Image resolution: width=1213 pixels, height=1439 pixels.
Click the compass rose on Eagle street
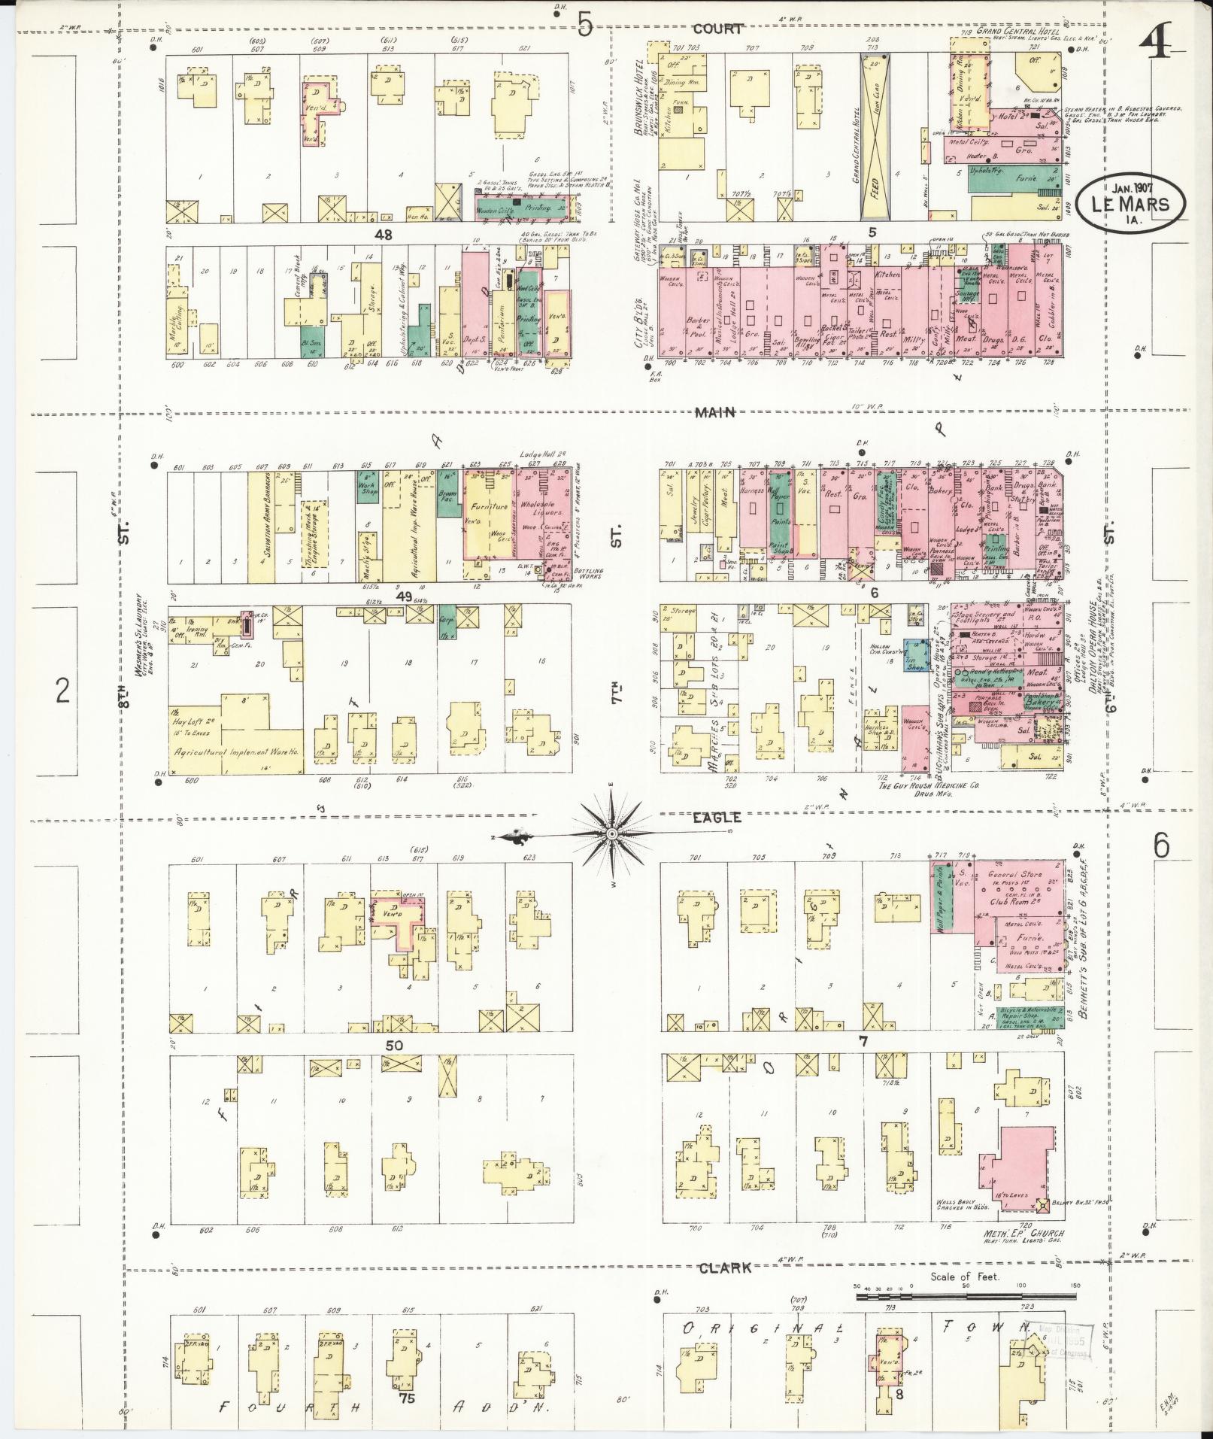click(x=612, y=834)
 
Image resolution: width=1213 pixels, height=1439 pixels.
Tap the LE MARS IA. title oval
click(x=1130, y=202)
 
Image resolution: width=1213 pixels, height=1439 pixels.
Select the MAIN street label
click(x=714, y=412)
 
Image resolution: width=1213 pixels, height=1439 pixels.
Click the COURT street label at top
click(x=718, y=29)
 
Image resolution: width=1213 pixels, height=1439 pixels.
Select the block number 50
click(x=394, y=1045)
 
